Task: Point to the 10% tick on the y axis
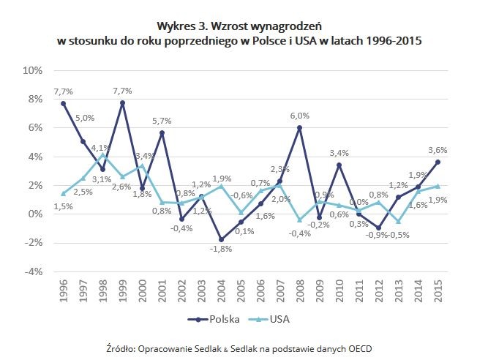point(34,71)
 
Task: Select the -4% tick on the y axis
point(34,271)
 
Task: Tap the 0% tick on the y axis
point(37,214)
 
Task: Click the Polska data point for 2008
point(300,128)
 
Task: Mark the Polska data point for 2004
point(221,239)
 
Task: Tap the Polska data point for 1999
point(123,103)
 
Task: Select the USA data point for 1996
point(64,193)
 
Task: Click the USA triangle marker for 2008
point(300,219)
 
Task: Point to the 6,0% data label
point(300,116)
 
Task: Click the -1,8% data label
point(221,251)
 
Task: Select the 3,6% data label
point(438,151)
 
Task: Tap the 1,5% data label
point(64,206)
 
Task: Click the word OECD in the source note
point(356,348)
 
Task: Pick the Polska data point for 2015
point(438,162)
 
